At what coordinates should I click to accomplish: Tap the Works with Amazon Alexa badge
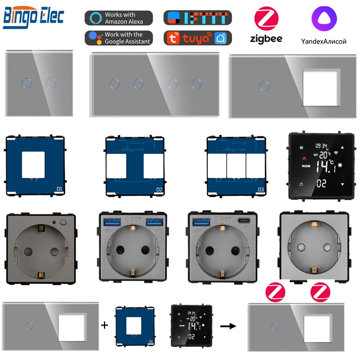pos(118,18)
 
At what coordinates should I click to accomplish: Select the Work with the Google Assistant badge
pos(118,38)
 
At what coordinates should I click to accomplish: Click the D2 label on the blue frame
pos(158,189)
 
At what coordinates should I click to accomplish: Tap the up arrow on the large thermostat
pos(342,147)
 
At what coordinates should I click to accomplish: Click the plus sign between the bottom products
pos(104,325)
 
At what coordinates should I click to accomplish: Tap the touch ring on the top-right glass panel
pos(265,86)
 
